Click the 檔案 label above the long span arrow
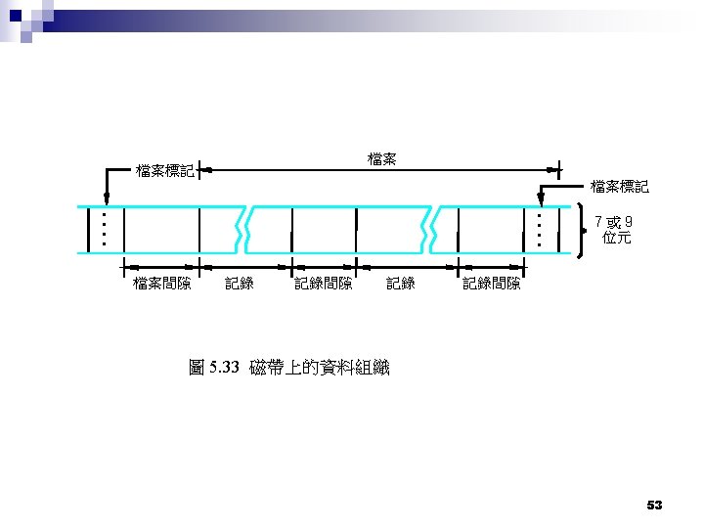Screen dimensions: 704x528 coord(381,157)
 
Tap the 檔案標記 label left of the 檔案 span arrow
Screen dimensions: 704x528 coord(165,171)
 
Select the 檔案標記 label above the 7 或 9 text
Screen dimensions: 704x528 coord(619,186)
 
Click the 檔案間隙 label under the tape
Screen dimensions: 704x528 coord(162,284)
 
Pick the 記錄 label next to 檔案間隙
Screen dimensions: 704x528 coord(240,284)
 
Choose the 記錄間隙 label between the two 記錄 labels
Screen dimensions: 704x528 coord(324,284)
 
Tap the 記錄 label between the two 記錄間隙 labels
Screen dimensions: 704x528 coord(401,284)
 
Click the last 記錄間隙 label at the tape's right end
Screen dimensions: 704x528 coord(492,284)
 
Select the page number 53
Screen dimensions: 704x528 coord(654,505)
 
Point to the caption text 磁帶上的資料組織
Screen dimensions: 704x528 coord(320,368)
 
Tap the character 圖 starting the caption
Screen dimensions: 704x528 coord(197,368)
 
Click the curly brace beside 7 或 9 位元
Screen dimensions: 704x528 coord(583,230)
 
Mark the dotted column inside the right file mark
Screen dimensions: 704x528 coord(539,230)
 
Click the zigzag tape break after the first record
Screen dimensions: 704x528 coord(245,230)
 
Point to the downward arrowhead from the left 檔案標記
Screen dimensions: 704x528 coord(106,201)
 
